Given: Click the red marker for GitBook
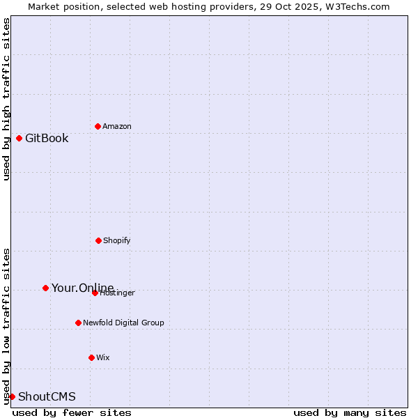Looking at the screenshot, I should coord(19,138).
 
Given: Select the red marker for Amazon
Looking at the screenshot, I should coord(98,126).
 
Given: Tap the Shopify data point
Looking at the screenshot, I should coord(98,240).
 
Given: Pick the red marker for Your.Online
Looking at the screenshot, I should coord(45,288).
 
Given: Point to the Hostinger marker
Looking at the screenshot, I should coord(95,293).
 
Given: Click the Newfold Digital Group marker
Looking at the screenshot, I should coord(78,323).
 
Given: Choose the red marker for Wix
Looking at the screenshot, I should coord(91,357).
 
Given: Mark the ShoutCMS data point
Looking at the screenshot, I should coord(12,396).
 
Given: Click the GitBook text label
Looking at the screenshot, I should coord(47,138).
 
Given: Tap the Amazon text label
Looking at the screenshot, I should coord(117,126).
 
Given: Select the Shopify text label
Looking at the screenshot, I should coord(117,240).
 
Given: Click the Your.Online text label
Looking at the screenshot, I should coord(82,288).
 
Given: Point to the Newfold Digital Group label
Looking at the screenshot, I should coord(123,323).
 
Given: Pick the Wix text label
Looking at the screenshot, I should coord(103,357).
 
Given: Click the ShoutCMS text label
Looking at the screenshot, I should coord(47,396).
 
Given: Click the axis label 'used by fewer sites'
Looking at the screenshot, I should coord(72,412).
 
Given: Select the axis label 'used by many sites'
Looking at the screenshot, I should coord(350,412).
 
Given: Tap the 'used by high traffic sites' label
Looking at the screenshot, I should coord(6,99).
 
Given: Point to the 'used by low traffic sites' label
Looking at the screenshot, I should coord(6,326).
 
